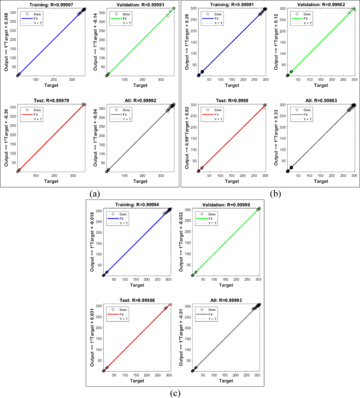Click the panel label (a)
point(95,194)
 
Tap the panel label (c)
point(180,393)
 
